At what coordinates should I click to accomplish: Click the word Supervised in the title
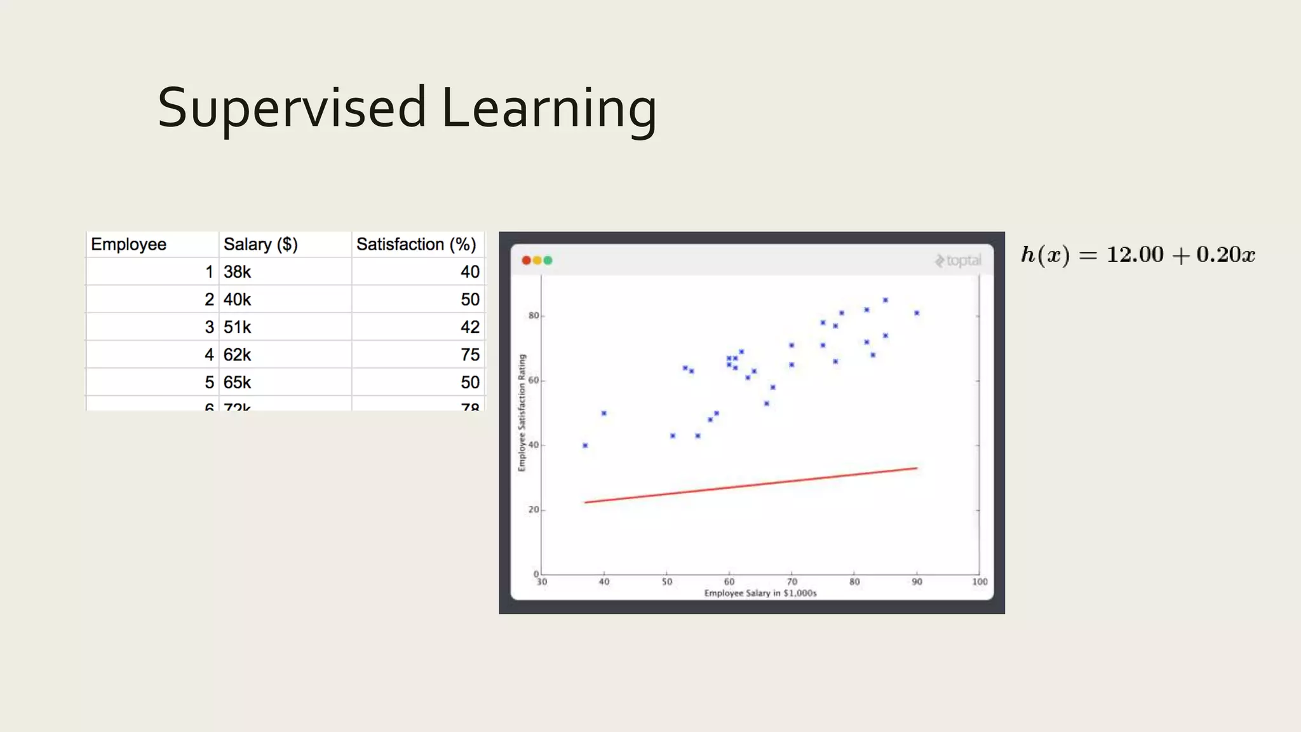coord(292,108)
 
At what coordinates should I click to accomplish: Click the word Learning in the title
coord(549,108)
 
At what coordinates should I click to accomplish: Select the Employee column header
coord(128,244)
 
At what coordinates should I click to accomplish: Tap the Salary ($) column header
coord(260,244)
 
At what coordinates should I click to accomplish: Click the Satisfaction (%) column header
coord(416,244)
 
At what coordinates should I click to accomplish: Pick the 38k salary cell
coord(237,272)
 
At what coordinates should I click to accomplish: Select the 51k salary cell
coord(237,327)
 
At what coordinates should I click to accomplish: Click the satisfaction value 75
coord(469,355)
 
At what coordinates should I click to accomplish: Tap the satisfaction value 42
coord(469,327)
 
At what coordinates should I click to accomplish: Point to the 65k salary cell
coord(237,383)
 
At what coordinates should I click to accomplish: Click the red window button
coord(526,261)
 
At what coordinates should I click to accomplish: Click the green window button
coord(548,261)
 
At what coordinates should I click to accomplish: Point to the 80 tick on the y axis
coord(534,316)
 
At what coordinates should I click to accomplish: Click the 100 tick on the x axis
coord(980,582)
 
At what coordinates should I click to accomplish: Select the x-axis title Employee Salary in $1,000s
coord(760,593)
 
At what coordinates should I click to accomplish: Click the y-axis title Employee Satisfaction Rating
coord(522,413)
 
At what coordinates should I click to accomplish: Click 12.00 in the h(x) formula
coord(1135,255)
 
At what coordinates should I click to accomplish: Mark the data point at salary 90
coord(917,313)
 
